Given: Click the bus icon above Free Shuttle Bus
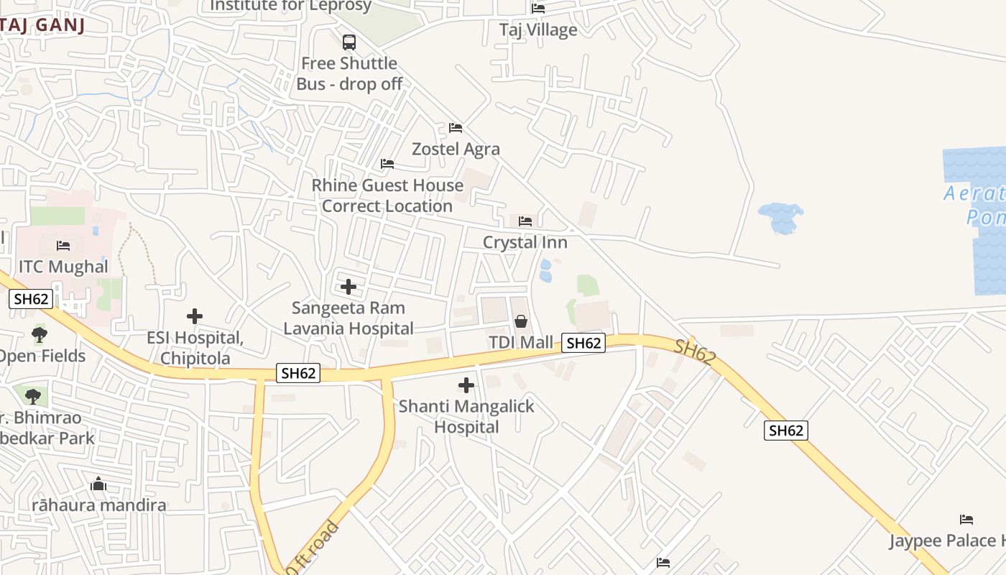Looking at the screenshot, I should coord(349,42).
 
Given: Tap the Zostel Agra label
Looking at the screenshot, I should coord(456,149).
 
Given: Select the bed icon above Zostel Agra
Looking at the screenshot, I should coord(456,128).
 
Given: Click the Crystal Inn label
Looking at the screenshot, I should coord(525,242).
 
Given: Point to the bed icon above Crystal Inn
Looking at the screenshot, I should coord(525,221).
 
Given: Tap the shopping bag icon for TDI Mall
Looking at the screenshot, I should coord(521,321).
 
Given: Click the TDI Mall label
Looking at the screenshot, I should coord(521,342).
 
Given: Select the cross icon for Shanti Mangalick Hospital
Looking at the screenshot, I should coord(466,385).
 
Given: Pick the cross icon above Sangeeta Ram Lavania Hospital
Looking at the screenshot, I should coord(349,287).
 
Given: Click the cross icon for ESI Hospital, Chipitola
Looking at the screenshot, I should coord(195,316).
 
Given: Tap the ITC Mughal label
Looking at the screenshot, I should coord(63,267).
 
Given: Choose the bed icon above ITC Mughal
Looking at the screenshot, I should coord(63,246).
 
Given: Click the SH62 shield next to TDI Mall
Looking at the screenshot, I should coord(583,344).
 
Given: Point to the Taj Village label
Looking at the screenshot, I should coord(538,29).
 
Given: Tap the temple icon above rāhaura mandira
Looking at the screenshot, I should coord(99,484).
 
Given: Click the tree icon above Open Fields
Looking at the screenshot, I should coord(40,334).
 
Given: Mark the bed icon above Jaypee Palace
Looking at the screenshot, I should coord(966,519).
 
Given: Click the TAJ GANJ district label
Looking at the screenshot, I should coord(42,25).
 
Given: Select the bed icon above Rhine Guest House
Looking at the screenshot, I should coord(387,164).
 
